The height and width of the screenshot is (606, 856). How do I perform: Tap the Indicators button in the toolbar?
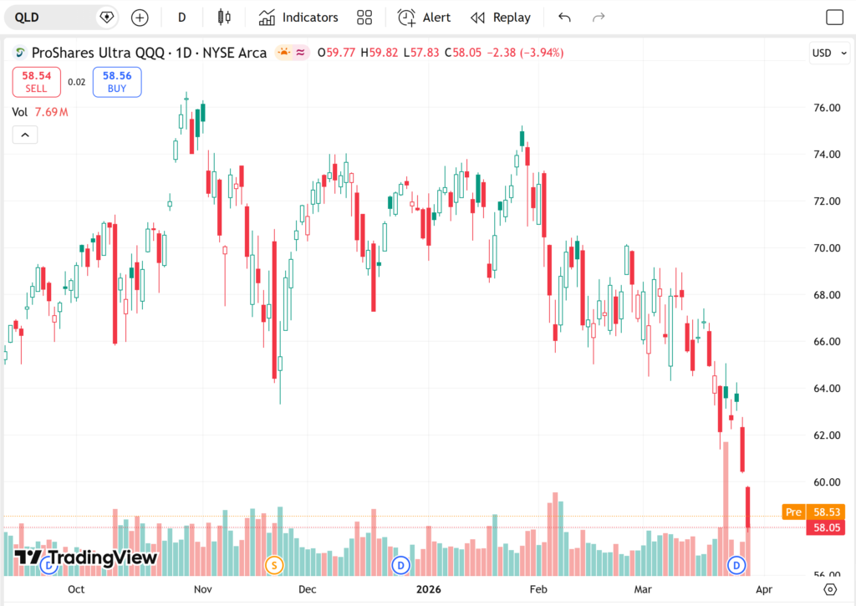coord(298,17)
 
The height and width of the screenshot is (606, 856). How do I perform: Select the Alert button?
coord(424,17)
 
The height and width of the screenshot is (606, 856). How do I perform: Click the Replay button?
coord(501,17)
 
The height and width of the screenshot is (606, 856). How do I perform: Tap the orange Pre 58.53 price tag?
coord(813,512)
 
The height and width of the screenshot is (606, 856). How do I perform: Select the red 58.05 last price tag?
coord(824,527)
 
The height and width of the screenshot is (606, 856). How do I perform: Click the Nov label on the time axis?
coord(203,588)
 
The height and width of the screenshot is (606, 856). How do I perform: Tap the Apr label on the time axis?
coord(763,588)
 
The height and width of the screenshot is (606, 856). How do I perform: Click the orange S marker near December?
coord(273,565)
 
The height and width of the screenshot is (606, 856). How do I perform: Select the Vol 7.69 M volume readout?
coord(40,112)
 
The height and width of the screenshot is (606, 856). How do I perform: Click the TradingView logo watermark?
coord(86,558)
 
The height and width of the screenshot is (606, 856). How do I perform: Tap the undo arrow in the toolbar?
coord(564,17)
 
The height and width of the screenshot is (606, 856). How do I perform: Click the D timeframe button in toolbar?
coord(181,17)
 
